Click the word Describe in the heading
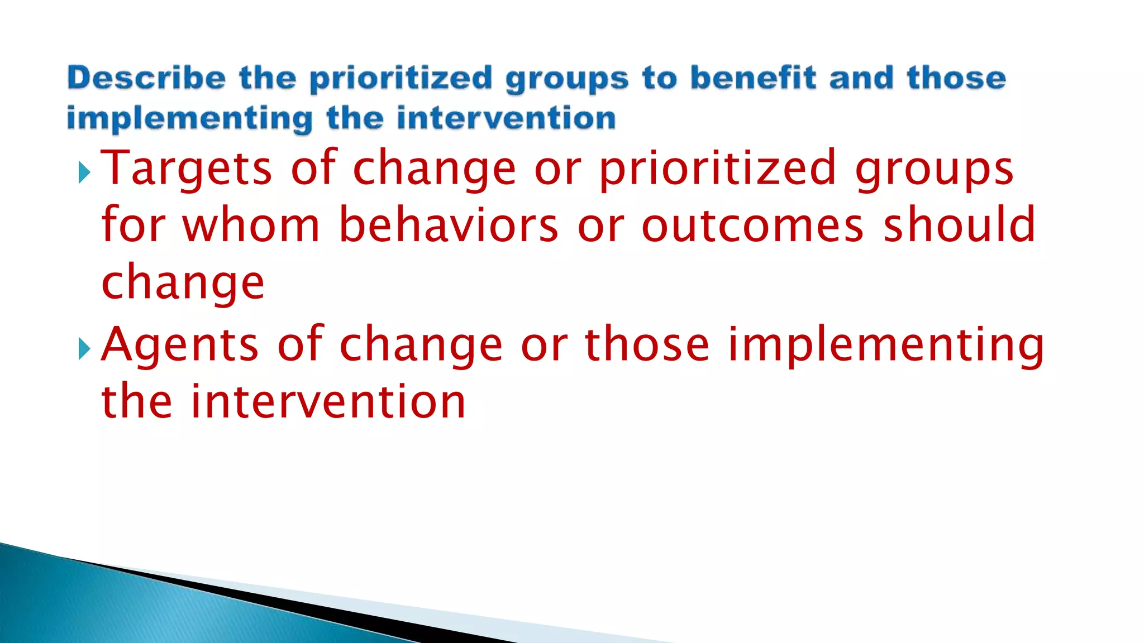[146, 78]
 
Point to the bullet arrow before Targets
[84, 172]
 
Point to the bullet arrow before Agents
[84, 349]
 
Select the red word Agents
[180, 345]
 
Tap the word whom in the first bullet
[251, 224]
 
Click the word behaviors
[448, 224]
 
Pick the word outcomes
[752, 225]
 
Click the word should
[959, 224]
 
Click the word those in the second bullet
[647, 345]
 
